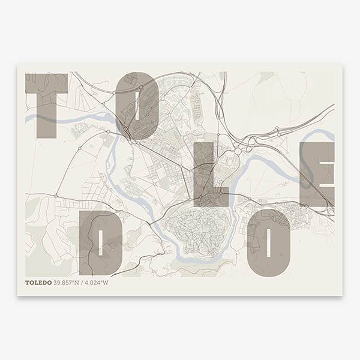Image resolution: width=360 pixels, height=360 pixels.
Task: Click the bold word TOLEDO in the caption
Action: coord(38,283)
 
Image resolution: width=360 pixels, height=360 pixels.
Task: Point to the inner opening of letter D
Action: coord(101,243)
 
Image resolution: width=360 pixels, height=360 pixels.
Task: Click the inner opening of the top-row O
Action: coord(138,105)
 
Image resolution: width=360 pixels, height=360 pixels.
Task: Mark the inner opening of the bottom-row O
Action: coord(269,243)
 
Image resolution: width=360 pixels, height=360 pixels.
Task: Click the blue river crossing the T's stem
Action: coord(46,118)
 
